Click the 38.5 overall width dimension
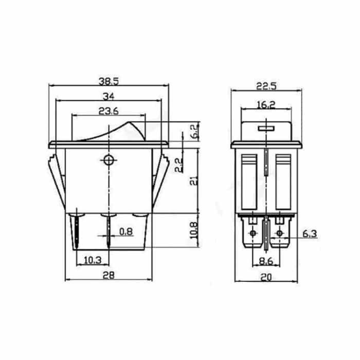(x=108, y=81)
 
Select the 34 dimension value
(x=108, y=96)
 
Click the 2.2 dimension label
(x=178, y=165)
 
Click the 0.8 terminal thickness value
(x=126, y=232)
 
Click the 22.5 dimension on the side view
(x=266, y=86)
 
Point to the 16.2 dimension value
(x=266, y=105)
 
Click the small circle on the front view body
(x=109, y=160)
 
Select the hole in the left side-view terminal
(x=253, y=234)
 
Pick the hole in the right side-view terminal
(x=279, y=234)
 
